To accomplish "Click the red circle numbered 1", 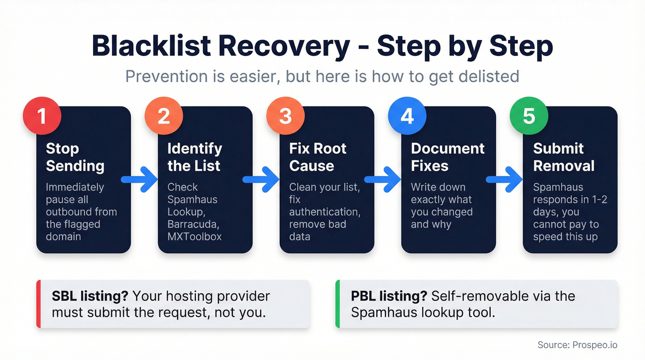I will click(x=42, y=116).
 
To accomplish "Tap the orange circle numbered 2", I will click(x=164, y=116).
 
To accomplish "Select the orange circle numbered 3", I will click(x=285, y=116).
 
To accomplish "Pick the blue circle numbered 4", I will click(x=407, y=116).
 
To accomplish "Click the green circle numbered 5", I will click(x=529, y=116).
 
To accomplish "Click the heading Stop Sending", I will click(x=75, y=157).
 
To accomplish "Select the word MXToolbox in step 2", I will click(x=194, y=236).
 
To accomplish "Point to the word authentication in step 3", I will click(x=325, y=212).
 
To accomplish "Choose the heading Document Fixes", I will click(x=447, y=157).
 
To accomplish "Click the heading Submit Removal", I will click(x=564, y=157).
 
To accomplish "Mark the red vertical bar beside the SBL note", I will click(x=39, y=304).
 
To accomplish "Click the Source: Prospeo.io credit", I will click(x=577, y=345).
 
